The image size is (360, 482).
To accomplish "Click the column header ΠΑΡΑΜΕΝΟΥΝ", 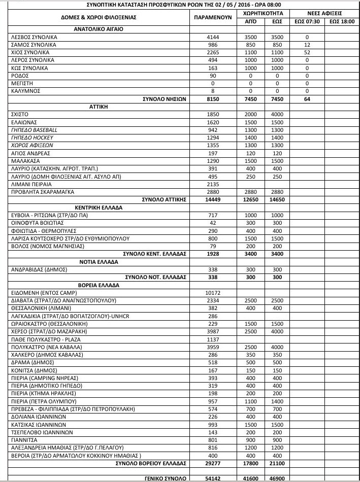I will point(213,16).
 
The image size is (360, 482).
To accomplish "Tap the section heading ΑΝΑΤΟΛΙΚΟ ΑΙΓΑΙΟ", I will point(99,29).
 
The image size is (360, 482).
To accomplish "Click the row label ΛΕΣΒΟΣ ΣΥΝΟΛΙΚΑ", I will point(34,38).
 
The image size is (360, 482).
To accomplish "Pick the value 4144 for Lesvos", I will point(213,38).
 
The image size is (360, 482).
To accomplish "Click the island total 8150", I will point(213,99).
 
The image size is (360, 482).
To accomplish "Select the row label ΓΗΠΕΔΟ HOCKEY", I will point(31,138).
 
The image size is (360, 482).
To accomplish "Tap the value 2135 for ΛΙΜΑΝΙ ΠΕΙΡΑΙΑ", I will point(213,184).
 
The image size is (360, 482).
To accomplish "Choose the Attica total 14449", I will point(213,200).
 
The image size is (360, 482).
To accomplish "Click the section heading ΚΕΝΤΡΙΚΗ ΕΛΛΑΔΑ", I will point(99,208).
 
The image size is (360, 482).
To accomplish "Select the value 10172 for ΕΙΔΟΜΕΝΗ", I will point(213,293).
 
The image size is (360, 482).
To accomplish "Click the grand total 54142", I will point(213,478).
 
